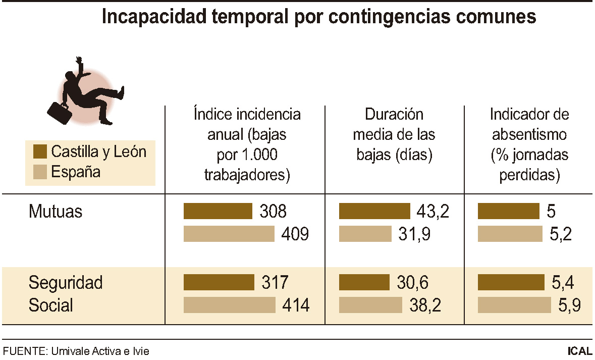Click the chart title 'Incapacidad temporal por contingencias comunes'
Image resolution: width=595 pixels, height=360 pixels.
coord(318,17)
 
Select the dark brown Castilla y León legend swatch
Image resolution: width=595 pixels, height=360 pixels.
coord(40,151)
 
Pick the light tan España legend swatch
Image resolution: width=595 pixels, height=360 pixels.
coord(40,172)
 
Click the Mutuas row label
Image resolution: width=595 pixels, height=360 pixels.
coord(56,211)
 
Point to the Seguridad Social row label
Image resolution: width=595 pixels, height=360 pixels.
coord(65,294)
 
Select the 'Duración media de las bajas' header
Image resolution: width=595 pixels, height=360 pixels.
coord(394,135)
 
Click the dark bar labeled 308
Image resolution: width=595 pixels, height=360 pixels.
coord(218,211)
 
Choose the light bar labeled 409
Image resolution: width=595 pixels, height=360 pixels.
coord(229,234)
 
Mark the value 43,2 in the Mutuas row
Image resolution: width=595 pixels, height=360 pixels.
coord(433,212)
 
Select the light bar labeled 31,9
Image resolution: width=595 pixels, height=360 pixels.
coord(365,234)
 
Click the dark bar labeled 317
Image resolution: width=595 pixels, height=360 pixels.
coord(219,282)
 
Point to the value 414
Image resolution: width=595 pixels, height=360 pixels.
coord(295,305)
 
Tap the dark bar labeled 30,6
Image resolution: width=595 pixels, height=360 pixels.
coord(364,282)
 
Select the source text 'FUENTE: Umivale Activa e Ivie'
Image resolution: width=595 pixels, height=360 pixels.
coord(76,351)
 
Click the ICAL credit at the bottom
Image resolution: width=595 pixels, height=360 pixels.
coord(580,351)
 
